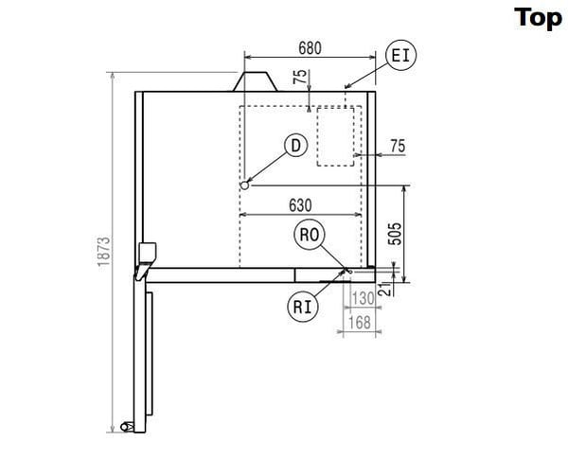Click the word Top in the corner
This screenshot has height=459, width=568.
[x=538, y=18]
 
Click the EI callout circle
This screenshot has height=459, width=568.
[x=401, y=56]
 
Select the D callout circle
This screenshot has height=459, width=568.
[x=296, y=146]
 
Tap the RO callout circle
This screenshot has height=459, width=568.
[x=309, y=235]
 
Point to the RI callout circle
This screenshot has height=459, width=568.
[x=303, y=308]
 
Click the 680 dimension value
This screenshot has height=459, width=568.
[x=310, y=48]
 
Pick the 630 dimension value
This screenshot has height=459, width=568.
[x=300, y=205]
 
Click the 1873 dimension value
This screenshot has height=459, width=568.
[x=103, y=252]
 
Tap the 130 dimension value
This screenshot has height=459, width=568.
[x=363, y=298]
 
